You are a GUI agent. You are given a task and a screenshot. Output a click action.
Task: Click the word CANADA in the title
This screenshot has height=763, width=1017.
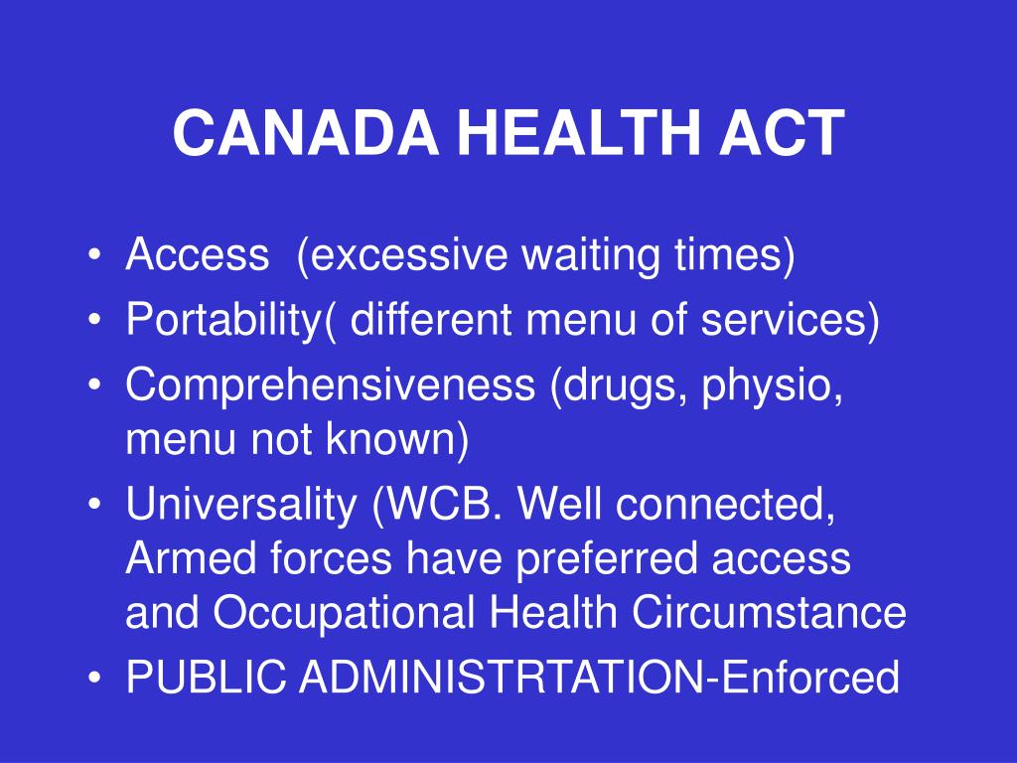(x=306, y=132)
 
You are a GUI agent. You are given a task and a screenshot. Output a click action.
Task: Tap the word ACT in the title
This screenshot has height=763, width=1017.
(x=782, y=132)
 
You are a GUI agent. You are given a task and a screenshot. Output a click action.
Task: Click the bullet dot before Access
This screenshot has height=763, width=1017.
(x=94, y=253)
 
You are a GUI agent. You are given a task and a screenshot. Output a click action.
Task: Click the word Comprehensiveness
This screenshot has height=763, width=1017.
(x=330, y=385)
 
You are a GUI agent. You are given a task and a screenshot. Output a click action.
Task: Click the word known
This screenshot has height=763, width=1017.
(x=390, y=438)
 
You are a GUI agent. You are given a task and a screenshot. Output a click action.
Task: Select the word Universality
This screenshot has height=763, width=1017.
(x=241, y=505)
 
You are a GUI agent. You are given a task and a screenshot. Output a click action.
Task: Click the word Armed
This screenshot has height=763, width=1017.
(x=191, y=558)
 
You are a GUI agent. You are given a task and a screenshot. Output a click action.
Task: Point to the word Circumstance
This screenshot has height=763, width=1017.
(x=769, y=612)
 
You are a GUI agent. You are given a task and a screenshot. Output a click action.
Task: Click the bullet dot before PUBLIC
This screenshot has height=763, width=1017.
(x=94, y=677)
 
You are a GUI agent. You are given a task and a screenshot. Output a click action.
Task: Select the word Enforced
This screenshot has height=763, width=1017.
(x=808, y=677)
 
